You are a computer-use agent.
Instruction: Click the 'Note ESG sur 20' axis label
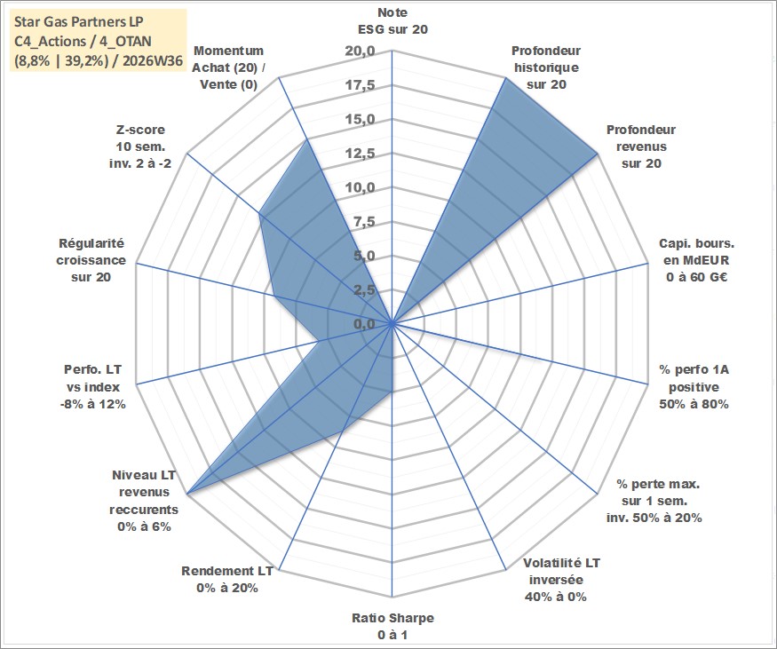(x=392, y=20)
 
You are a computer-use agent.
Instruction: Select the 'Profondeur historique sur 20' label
(x=546, y=67)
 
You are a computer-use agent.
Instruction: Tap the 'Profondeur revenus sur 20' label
(x=641, y=146)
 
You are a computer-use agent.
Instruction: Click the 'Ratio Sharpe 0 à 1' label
(x=392, y=626)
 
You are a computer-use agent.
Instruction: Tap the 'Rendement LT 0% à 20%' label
(x=227, y=579)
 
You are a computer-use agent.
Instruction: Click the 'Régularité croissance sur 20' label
(x=91, y=260)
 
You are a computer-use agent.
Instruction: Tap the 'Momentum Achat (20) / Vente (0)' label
(x=228, y=67)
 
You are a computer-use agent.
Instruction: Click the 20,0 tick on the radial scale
(x=361, y=51)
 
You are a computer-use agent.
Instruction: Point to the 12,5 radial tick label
(x=361, y=154)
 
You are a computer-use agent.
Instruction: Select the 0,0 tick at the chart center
(x=364, y=324)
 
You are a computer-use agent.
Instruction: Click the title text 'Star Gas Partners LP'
(x=79, y=22)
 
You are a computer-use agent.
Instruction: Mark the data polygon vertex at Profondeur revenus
(x=599, y=154)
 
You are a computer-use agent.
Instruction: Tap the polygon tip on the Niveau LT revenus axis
(x=186, y=494)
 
